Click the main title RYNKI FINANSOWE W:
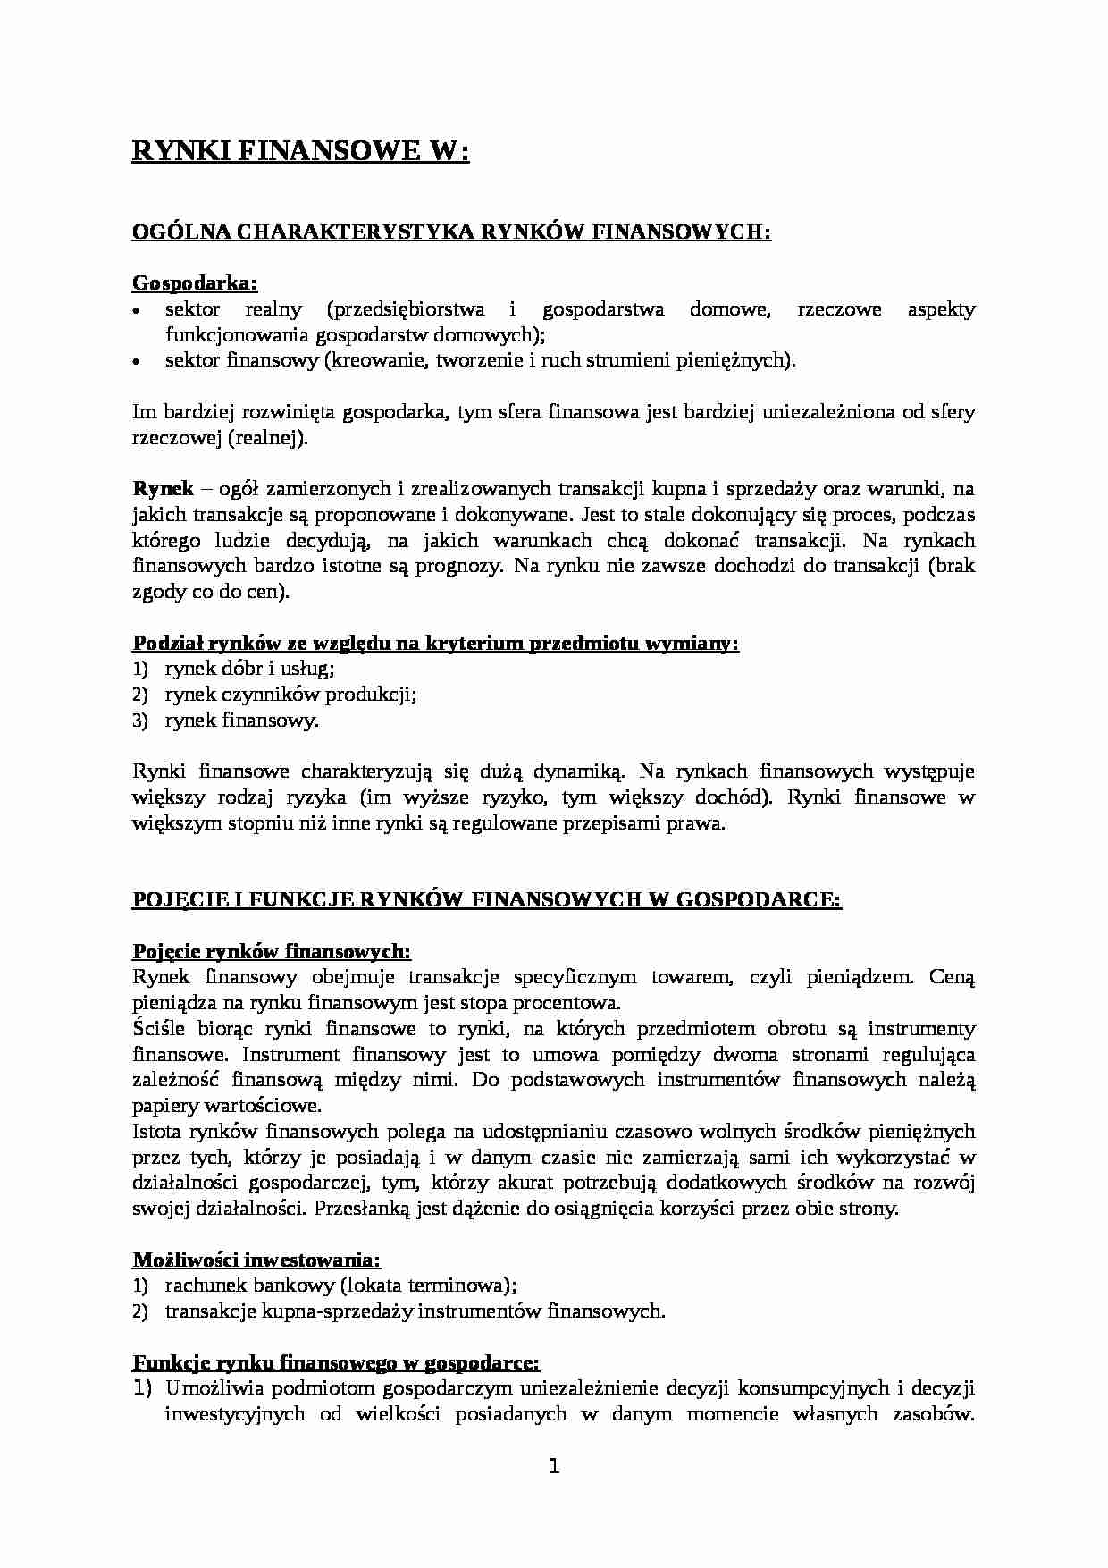(300, 152)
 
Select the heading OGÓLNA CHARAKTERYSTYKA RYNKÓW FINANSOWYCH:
(451, 232)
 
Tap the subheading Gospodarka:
(195, 283)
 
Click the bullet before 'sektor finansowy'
(137, 362)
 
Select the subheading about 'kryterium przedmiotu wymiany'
(435, 644)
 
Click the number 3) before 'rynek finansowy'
(139, 721)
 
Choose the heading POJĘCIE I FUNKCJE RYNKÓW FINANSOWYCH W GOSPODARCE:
(487, 899)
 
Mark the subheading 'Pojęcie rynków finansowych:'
(272, 951)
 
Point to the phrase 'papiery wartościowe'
(226, 1106)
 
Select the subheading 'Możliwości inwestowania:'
(256, 1260)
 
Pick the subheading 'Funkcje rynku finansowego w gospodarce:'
(336, 1363)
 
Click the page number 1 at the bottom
(553, 1467)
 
